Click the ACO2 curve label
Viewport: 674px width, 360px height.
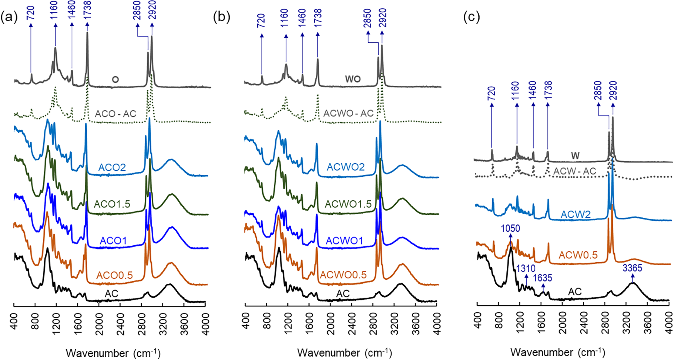tap(112, 167)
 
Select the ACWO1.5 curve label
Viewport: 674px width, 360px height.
tap(348, 204)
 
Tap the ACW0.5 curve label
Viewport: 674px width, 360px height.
tap(578, 255)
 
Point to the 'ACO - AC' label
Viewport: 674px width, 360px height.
tap(116, 114)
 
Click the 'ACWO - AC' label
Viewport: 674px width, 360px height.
tap(349, 113)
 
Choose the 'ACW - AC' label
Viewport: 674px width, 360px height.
tap(575, 171)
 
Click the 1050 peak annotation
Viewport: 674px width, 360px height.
tap(510, 228)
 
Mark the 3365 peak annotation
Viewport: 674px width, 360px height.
tap(632, 268)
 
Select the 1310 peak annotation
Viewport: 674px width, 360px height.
tap(526, 268)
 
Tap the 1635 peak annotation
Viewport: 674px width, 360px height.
tap(543, 278)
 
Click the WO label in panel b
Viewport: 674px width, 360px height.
tap(353, 79)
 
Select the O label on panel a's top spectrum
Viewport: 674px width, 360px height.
tap(115, 79)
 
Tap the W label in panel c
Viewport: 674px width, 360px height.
tap(575, 156)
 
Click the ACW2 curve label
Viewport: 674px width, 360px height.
tap(575, 214)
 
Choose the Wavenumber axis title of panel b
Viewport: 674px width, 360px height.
tap(344, 353)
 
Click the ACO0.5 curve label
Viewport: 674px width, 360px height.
tap(114, 275)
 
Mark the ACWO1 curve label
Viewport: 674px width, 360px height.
tap(344, 241)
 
